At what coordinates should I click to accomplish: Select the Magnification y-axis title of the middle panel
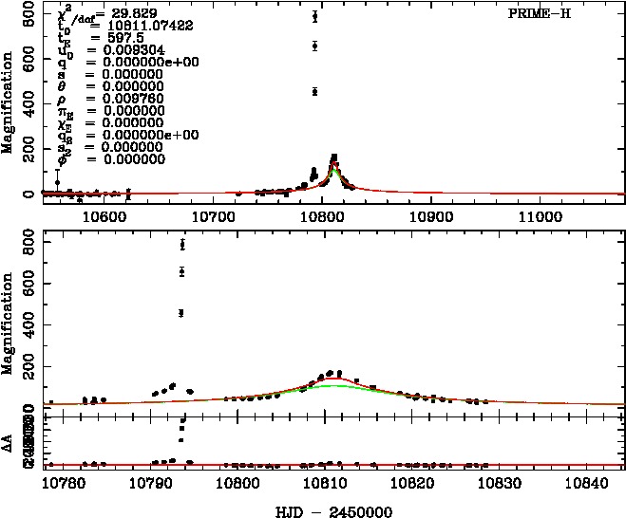(x=9, y=317)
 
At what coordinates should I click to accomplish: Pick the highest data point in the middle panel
(x=182, y=244)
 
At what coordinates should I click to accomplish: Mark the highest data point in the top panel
(x=314, y=16)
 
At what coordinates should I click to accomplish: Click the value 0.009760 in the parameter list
(x=112, y=98)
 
